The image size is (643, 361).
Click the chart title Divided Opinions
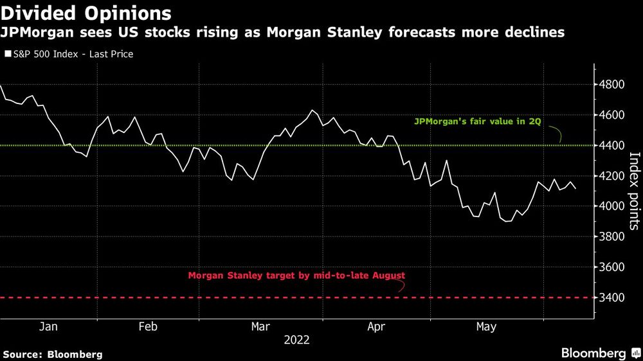click(86, 13)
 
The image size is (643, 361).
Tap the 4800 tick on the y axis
click(613, 85)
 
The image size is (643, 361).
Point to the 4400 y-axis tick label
click(613, 146)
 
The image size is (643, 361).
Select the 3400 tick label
click(613, 297)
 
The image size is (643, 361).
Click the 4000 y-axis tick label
click(613, 206)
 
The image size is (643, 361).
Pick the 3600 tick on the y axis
click(613, 267)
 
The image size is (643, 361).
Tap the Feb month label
click(148, 327)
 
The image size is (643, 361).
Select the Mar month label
click(260, 327)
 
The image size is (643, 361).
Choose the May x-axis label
click(486, 327)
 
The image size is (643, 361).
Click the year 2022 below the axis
click(296, 341)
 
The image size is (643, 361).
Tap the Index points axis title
click(634, 191)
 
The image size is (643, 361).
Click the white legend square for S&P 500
click(8, 55)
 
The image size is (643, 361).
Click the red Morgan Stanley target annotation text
click(296, 276)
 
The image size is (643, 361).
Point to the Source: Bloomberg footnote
click(53, 354)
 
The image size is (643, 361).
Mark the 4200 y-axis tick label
click(613, 176)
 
